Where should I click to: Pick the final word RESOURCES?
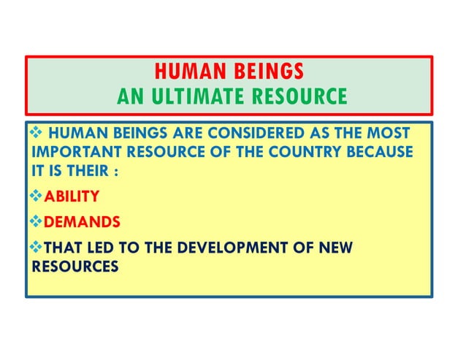74,267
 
